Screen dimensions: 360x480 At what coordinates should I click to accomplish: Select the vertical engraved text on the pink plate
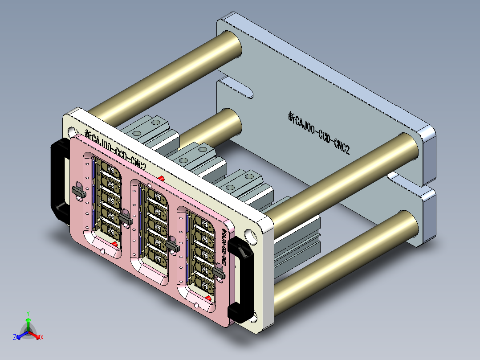click(225, 247)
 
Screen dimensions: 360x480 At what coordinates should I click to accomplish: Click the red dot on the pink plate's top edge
click(161, 179)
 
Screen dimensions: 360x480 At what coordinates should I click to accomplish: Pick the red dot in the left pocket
click(114, 244)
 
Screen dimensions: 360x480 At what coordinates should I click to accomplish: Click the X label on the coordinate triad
click(42, 338)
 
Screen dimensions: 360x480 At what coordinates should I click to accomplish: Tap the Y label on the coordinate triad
click(28, 313)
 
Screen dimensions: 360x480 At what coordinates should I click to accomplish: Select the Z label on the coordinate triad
click(14, 338)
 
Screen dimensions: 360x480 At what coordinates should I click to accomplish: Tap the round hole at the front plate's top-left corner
click(72, 132)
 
